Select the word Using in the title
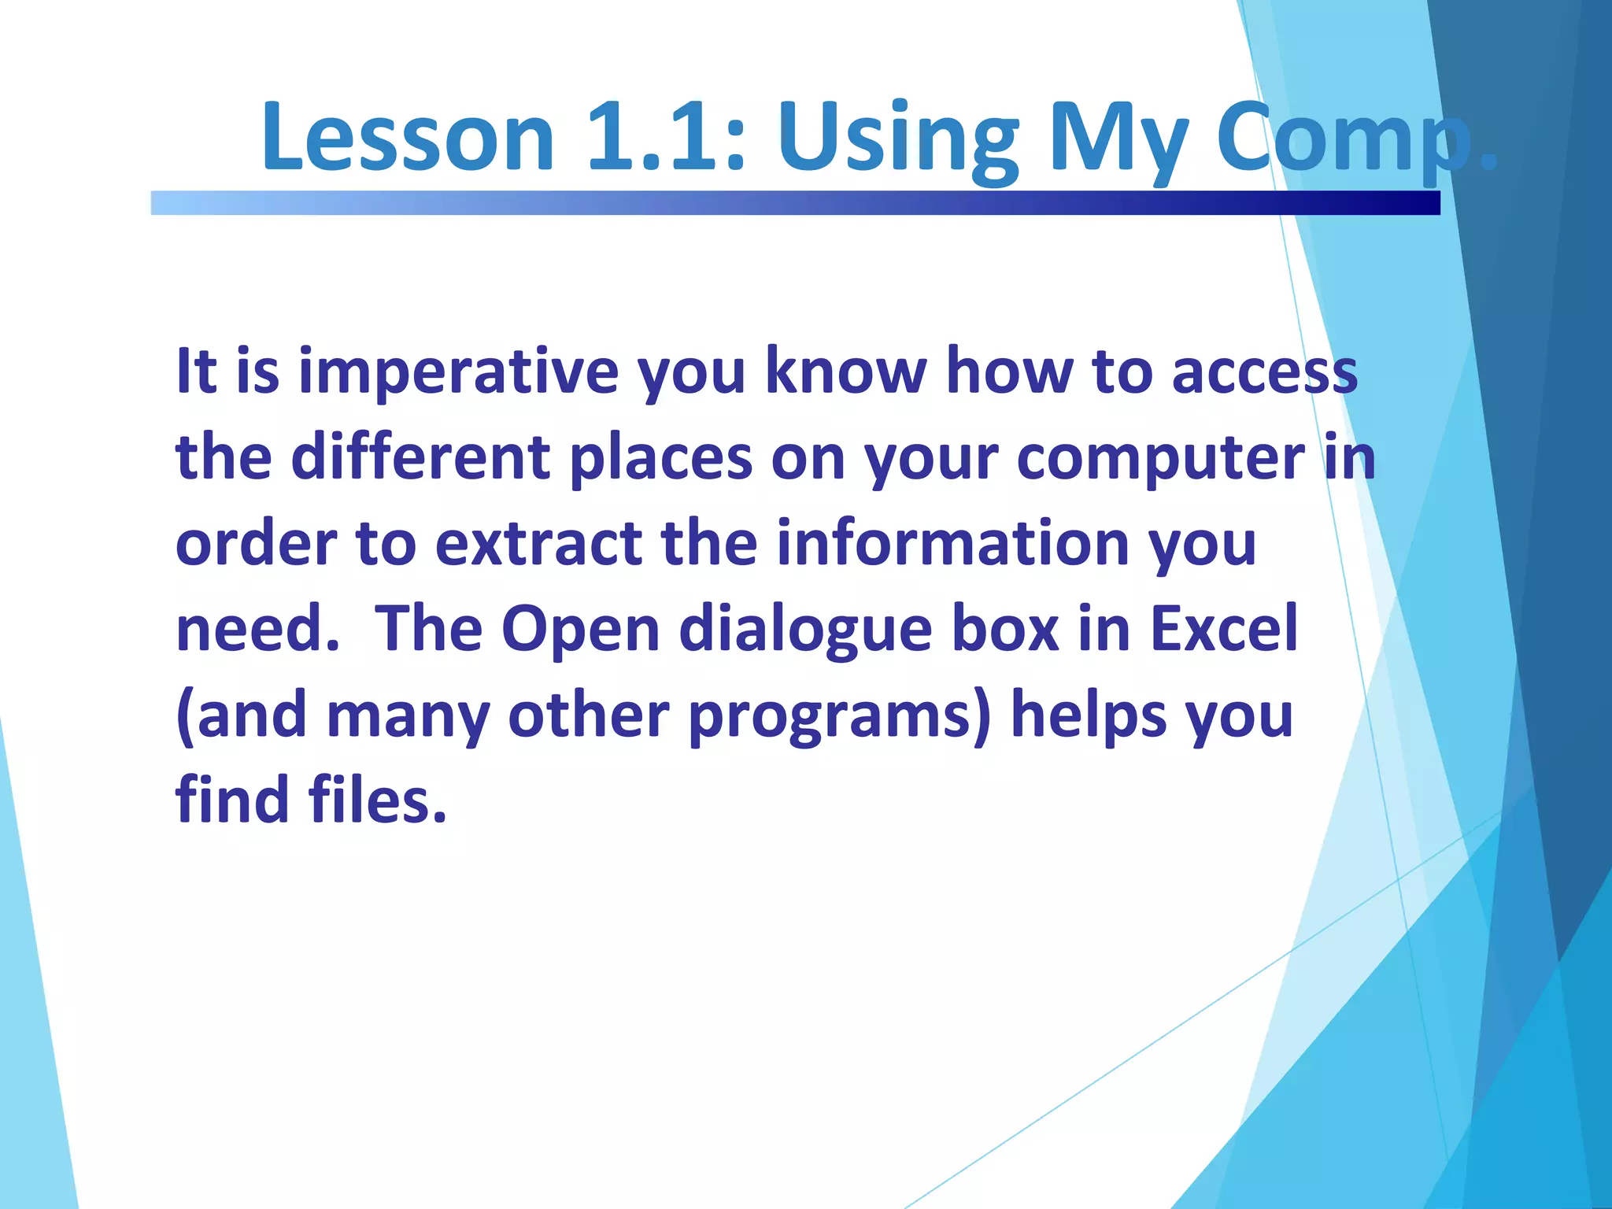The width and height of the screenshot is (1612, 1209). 898,138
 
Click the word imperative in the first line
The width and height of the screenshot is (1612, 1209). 458,372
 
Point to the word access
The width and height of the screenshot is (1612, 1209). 1264,372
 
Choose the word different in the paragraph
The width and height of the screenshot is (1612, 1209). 420,457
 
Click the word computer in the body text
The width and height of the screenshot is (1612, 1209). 1160,457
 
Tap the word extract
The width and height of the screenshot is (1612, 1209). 538,543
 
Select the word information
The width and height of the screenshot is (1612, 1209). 953,543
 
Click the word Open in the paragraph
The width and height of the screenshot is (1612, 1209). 580,629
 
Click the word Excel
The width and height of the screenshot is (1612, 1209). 1223,629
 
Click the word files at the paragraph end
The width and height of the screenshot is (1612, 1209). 377,800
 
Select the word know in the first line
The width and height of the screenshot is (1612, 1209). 846,372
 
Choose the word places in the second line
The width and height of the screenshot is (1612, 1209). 660,457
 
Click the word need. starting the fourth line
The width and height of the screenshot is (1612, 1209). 257,629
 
